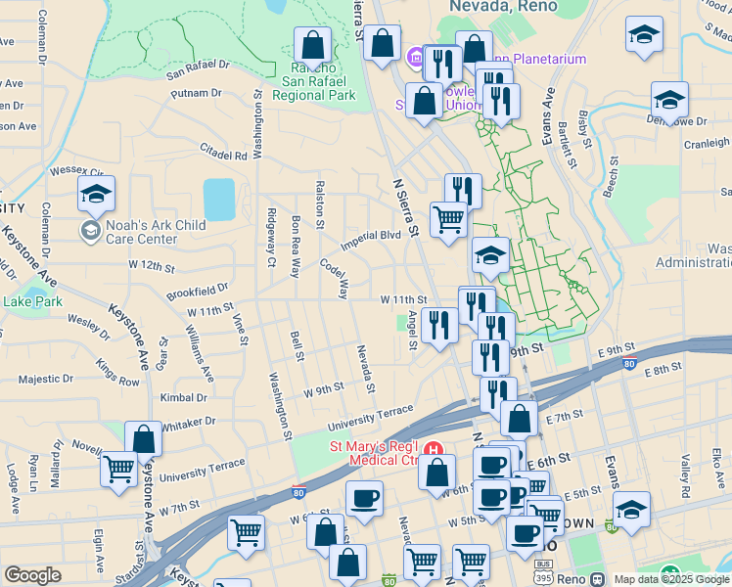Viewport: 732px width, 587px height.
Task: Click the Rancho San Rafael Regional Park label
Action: [x=314, y=82]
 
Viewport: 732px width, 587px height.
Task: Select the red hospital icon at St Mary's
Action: [x=438, y=451]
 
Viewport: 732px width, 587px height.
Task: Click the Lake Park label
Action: [x=32, y=301]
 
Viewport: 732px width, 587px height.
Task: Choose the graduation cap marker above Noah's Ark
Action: [x=97, y=194]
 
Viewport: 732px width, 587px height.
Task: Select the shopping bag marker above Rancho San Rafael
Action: [x=312, y=44]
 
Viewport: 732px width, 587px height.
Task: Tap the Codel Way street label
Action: [x=334, y=278]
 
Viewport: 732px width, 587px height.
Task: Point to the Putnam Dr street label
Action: [x=197, y=93]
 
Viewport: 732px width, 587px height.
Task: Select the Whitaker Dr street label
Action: [x=187, y=423]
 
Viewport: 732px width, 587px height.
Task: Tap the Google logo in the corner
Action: [x=32, y=575]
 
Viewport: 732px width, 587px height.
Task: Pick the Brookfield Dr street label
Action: [x=196, y=290]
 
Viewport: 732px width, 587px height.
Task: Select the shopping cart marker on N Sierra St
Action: [x=448, y=218]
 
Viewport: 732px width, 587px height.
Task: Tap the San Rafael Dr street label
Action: [x=197, y=67]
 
